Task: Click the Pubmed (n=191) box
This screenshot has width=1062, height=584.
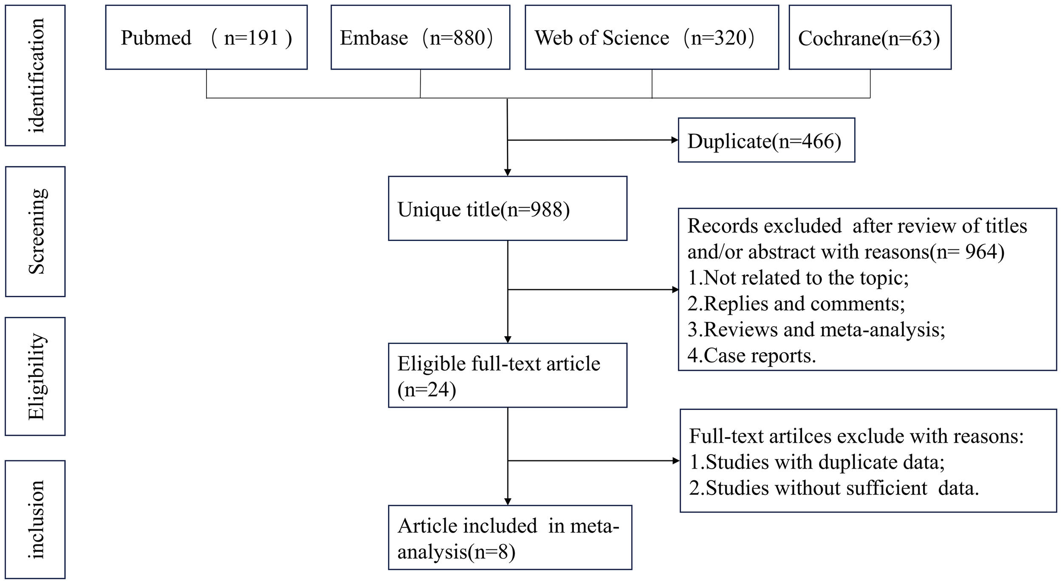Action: [206, 37]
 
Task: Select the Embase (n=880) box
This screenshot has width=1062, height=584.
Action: [420, 37]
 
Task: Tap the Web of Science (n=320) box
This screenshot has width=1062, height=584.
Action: [652, 37]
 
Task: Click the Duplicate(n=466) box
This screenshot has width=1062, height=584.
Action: [766, 140]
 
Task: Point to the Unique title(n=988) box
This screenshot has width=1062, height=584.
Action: [507, 209]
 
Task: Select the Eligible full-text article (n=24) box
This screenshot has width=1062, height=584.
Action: [507, 376]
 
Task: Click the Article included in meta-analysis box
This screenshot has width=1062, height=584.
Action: [509, 538]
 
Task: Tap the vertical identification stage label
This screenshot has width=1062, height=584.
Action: [35, 76]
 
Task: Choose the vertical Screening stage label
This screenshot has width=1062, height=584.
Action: [35, 231]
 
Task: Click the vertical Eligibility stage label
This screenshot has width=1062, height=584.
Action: [35, 376]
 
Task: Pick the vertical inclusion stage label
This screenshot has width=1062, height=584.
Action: [35, 519]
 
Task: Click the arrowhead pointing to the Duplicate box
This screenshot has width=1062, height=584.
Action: [674, 140]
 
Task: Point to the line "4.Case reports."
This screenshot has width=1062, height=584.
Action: [751, 355]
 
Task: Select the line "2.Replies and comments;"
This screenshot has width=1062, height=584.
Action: [796, 303]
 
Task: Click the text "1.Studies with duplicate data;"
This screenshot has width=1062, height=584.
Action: [816, 462]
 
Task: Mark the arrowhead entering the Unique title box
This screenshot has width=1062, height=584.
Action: [507, 172]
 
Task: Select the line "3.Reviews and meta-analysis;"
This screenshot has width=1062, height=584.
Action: [816, 329]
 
